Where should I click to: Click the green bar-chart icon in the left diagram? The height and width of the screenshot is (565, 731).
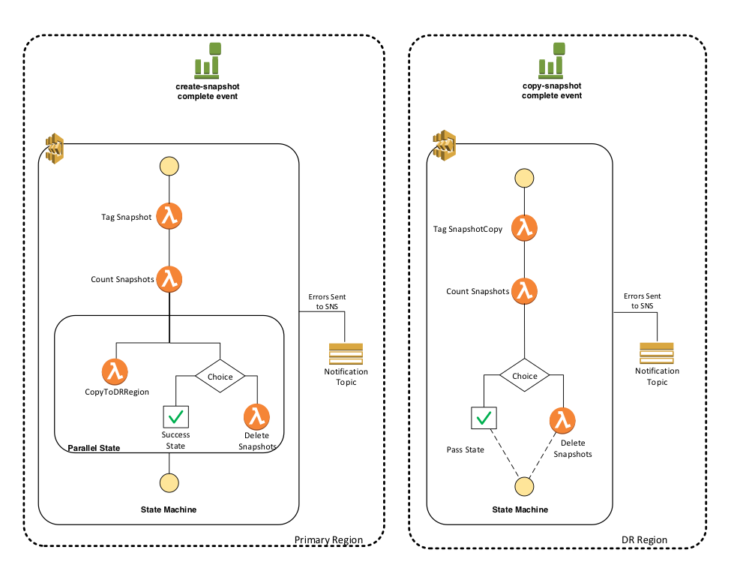[x=208, y=61]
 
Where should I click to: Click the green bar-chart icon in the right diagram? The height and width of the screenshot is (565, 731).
[x=552, y=61]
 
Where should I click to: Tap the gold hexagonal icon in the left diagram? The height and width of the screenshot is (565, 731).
[x=55, y=149]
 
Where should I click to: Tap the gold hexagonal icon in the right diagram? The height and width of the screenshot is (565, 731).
[x=445, y=146]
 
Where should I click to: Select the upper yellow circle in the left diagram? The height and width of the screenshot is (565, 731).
[x=169, y=166]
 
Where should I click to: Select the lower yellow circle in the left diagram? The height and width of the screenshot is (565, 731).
[x=169, y=483]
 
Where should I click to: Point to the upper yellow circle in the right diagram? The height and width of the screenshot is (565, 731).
[x=524, y=179]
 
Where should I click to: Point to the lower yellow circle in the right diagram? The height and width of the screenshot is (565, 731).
[x=524, y=487]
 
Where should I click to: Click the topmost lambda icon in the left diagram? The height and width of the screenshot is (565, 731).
[x=169, y=216]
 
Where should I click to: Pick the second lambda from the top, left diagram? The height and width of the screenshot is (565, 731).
[x=169, y=279]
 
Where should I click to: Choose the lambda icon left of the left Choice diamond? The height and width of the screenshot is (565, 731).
[x=115, y=371]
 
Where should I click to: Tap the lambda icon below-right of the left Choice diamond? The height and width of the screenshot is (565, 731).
[x=256, y=416]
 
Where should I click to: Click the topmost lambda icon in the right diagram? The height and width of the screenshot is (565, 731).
[x=524, y=227]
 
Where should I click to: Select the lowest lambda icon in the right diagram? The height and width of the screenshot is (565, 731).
[x=562, y=420]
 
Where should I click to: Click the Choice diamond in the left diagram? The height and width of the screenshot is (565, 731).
[x=220, y=376]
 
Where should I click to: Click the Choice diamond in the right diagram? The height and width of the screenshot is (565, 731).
[x=524, y=375]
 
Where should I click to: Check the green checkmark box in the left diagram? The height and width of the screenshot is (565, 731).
[x=176, y=417]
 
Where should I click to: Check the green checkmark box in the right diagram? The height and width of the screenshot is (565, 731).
[x=484, y=418]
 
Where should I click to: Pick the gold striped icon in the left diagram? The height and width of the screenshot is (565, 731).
[x=346, y=354]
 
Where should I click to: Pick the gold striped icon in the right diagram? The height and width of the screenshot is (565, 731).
[x=656, y=353]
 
